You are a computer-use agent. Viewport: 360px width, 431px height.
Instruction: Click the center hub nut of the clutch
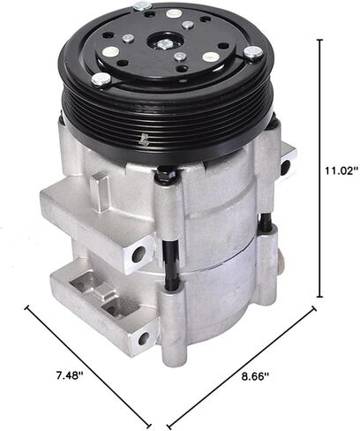(x=164, y=41)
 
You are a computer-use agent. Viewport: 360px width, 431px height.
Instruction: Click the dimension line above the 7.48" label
(x=88, y=362)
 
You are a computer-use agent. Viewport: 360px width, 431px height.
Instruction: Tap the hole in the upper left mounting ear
(x=138, y=256)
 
